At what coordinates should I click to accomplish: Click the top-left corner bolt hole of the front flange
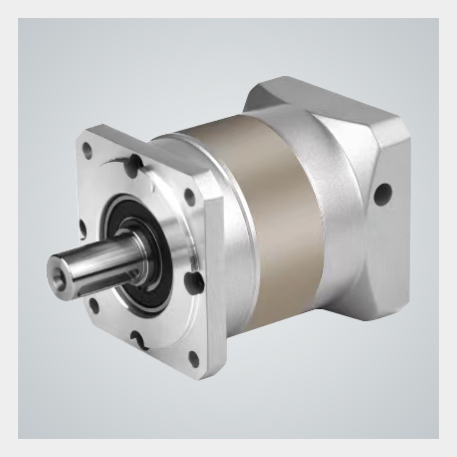[88, 149]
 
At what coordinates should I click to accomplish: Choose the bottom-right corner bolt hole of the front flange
[194, 358]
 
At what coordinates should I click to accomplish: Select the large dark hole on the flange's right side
[192, 280]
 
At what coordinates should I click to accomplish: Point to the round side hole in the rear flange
[382, 193]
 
